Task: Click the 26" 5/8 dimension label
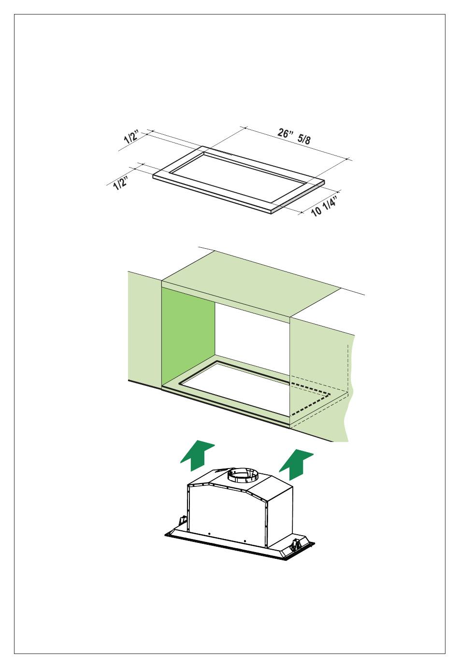[x=294, y=136]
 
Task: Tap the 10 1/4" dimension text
[x=324, y=206]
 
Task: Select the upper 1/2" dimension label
[x=131, y=137]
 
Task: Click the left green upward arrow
[x=197, y=455]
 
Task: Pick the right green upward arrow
[x=296, y=465]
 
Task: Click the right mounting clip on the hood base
[x=296, y=544]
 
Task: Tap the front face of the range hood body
[x=228, y=512]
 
